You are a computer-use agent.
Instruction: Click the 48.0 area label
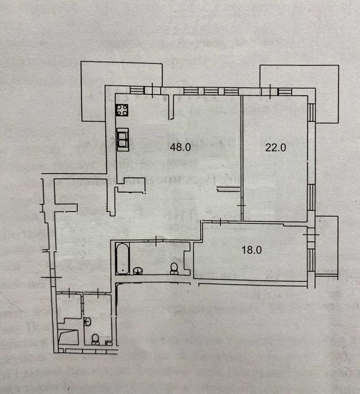click(x=180, y=147)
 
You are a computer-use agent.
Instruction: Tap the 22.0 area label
click(x=275, y=147)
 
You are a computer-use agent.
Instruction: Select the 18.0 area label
click(x=251, y=250)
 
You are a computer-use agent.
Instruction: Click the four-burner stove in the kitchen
click(x=122, y=110)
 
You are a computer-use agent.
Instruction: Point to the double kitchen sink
click(x=123, y=139)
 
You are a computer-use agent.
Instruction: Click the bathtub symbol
click(x=123, y=259)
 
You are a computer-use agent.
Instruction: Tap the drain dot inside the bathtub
click(x=123, y=271)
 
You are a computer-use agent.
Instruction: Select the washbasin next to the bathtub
click(x=137, y=271)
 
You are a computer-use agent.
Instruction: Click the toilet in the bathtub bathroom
click(x=174, y=268)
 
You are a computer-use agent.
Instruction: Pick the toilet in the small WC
click(x=95, y=339)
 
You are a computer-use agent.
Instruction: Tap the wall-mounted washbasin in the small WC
click(x=87, y=322)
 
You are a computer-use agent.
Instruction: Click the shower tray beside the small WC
click(x=68, y=337)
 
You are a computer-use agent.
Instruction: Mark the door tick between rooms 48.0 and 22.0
click(x=242, y=206)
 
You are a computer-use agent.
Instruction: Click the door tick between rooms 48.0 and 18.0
click(x=220, y=222)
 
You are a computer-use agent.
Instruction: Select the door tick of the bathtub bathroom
click(x=156, y=241)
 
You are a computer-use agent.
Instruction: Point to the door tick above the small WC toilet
click(x=98, y=293)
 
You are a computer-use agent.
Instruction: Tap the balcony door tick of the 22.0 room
click(x=270, y=91)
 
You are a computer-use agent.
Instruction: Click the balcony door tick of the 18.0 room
click(x=311, y=234)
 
